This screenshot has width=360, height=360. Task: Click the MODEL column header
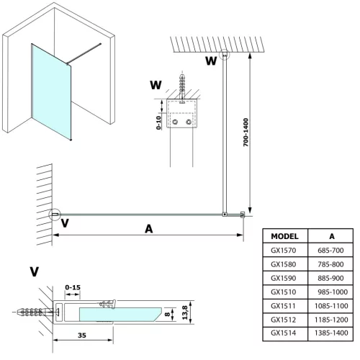pyautogui.click(x=285, y=236)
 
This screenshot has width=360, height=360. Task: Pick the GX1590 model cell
pyautogui.click(x=285, y=278)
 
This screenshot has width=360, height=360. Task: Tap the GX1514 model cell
pyautogui.click(x=285, y=333)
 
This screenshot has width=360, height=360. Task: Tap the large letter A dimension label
pyautogui.click(x=148, y=229)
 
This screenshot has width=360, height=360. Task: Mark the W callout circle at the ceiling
pyautogui.click(x=225, y=55)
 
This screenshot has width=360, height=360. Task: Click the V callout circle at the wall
pyautogui.click(x=55, y=213)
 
